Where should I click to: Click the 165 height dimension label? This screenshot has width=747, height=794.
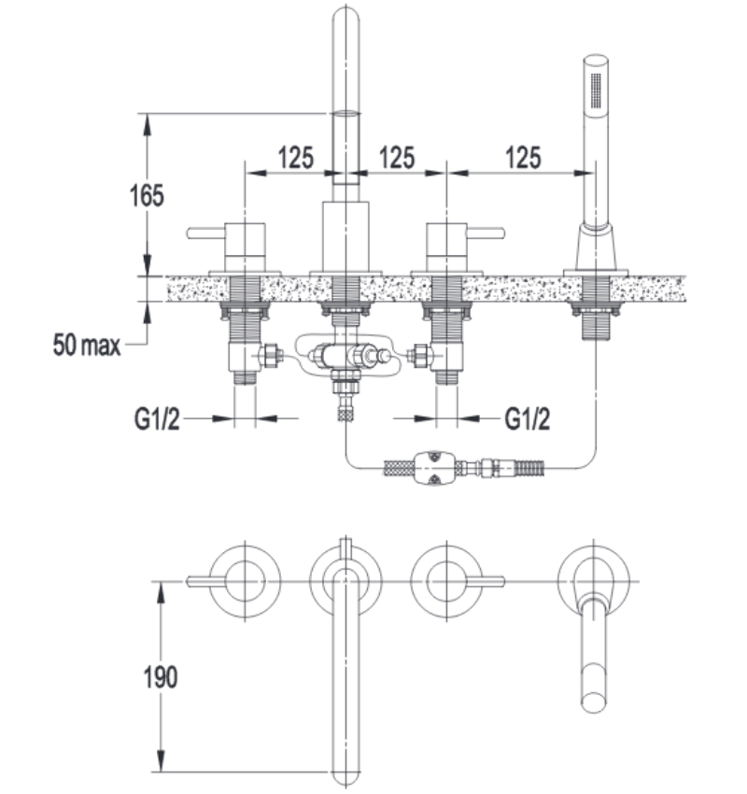(x=147, y=195)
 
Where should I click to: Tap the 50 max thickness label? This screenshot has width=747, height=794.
(x=87, y=345)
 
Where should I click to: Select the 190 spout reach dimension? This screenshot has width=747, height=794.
(x=161, y=677)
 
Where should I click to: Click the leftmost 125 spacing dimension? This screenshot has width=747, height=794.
(x=296, y=158)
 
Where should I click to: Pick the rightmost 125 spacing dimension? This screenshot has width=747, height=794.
(x=523, y=158)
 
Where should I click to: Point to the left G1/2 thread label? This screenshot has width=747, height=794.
(x=157, y=419)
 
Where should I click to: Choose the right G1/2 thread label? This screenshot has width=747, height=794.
(x=528, y=419)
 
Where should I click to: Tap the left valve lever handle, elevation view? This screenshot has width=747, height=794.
(x=205, y=233)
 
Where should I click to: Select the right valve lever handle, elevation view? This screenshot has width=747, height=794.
(x=486, y=233)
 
